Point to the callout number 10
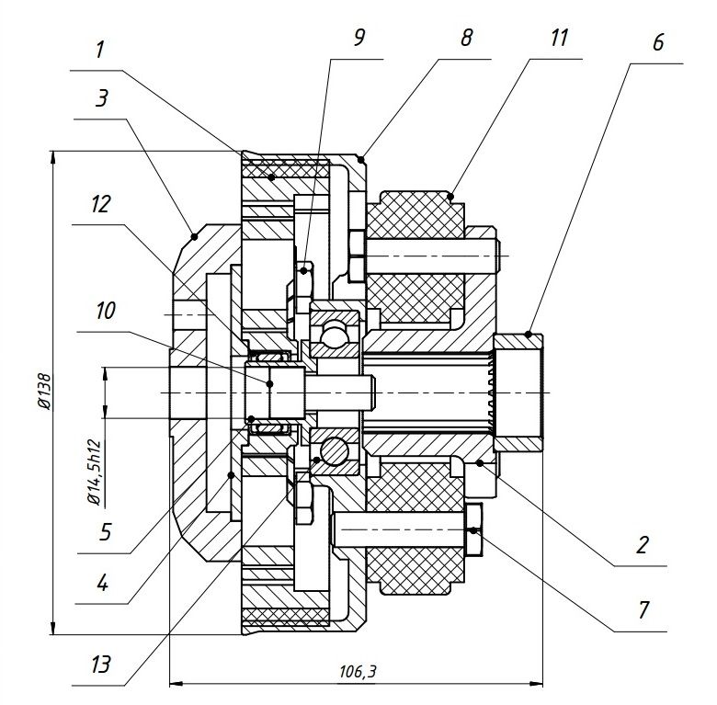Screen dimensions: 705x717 103,312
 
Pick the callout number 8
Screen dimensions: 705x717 466,39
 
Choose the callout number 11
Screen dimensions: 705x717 560,39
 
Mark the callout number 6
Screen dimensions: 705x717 659,43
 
